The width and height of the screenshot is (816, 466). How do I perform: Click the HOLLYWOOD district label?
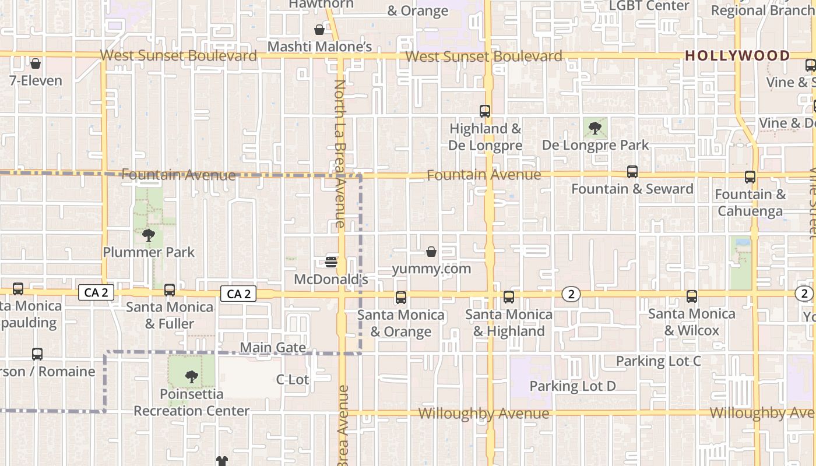click(x=737, y=56)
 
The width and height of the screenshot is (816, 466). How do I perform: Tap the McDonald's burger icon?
click(x=331, y=262)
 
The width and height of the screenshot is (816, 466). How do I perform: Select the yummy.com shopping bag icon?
click(x=431, y=252)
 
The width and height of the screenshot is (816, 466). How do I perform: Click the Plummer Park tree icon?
click(x=149, y=235)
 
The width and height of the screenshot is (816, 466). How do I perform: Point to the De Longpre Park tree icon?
click(x=595, y=128)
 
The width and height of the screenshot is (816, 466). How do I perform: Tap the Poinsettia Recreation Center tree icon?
click(x=191, y=377)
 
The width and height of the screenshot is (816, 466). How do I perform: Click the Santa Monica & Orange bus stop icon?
click(x=401, y=298)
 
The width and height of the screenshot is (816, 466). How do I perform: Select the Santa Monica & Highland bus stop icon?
click(x=509, y=297)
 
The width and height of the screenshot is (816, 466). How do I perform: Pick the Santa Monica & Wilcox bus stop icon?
click(x=692, y=296)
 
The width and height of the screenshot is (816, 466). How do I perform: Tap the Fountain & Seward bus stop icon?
click(x=632, y=172)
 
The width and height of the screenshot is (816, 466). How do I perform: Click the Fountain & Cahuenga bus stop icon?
click(x=750, y=177)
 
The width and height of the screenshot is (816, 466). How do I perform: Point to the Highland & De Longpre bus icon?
click(x=485, y=111)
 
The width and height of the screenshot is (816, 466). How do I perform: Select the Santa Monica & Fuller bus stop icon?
click(x=170, y=290)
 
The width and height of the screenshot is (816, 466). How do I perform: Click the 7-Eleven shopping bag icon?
click(x=36, y=63)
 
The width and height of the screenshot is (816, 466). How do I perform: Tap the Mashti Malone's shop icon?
click(x=319, y=30)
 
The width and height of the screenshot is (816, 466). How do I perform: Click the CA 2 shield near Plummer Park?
click(x=96, y=292)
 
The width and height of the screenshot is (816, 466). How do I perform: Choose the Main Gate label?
click(x=273, y=348)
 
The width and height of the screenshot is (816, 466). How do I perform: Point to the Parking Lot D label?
click(x=572, y=386)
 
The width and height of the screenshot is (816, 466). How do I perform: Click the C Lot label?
click(x=292, y=380)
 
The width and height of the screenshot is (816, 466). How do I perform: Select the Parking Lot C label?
click(x=658, y=361)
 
